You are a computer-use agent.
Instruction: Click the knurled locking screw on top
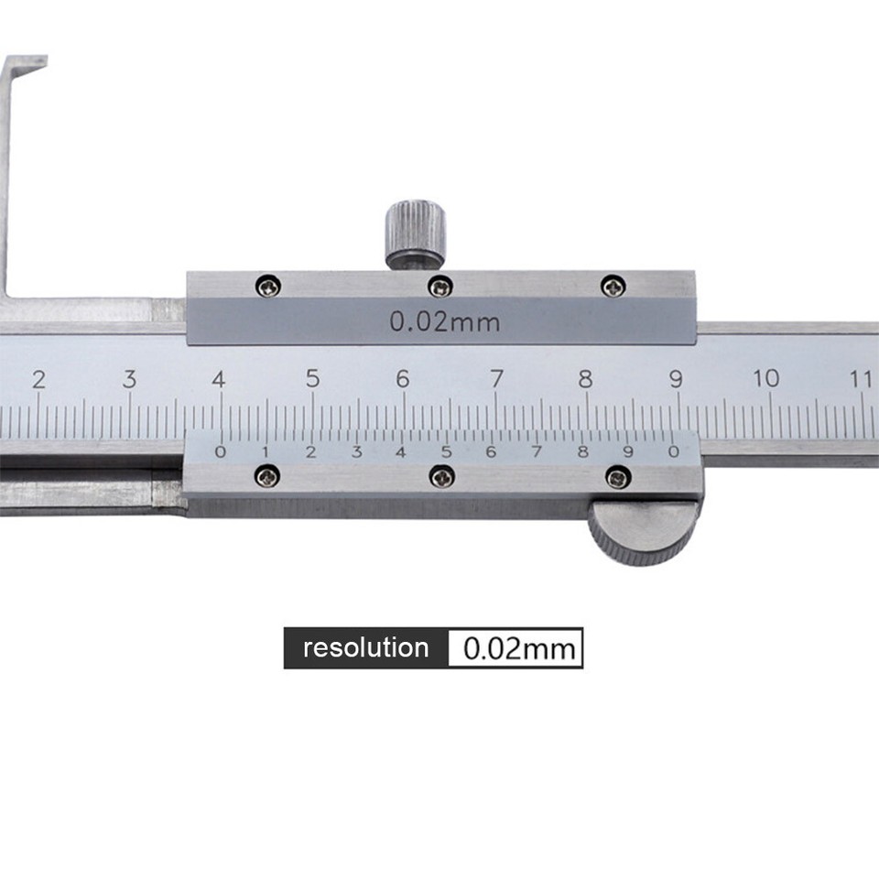click(415, 233)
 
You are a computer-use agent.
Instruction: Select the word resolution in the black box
click(365, 648)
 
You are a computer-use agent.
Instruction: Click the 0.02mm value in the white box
click(519, 649)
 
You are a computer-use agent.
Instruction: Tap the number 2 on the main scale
click(38, 378)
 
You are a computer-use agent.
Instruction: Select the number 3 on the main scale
click(129, 378)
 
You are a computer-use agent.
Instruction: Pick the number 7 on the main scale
click(495, 377)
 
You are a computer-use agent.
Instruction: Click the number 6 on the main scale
click(402, 377)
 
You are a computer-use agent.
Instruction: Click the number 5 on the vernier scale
click(446, 451)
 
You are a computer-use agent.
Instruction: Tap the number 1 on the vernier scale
click(266, 451)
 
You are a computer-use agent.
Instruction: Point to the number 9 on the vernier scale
click(628, 451)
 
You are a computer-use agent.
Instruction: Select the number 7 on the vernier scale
click(537, 451)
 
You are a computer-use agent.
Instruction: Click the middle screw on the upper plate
click(440, 287)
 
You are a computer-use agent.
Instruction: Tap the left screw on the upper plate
click(267, 287)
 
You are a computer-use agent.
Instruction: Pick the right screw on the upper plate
click(613, 287)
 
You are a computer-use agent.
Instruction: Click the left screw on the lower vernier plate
click(267, 476)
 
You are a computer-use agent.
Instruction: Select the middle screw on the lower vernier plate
click(442, 476)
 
